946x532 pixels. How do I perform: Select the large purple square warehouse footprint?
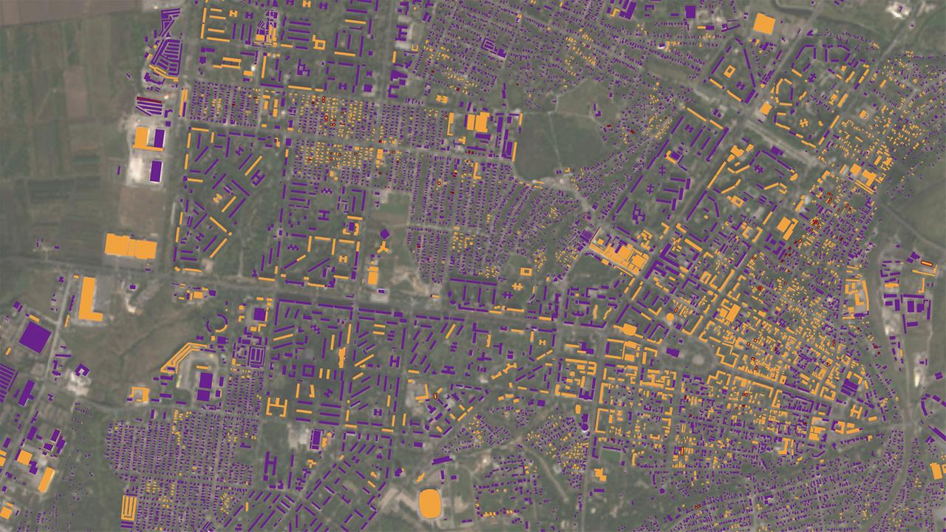click(35, 337)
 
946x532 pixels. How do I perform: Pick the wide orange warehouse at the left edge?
click(130, 245)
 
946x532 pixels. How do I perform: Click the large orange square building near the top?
click(763, 24)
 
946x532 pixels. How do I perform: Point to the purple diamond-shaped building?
click(384, 234)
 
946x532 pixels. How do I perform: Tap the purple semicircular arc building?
click(219, 323)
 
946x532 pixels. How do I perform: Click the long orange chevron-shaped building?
click(180, 356)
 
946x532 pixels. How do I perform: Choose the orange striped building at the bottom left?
click(129, 506)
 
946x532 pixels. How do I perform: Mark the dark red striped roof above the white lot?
click(150, 101)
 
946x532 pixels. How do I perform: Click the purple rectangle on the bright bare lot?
click(155, 171)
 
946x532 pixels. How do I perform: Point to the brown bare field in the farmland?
click(75, 92)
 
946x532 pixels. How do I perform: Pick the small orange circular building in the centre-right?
click(670, 317)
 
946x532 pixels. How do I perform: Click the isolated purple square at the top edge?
click(690, 12)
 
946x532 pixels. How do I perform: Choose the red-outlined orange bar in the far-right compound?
click(925, 262)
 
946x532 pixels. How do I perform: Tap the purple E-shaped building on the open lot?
click(256, 355)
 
